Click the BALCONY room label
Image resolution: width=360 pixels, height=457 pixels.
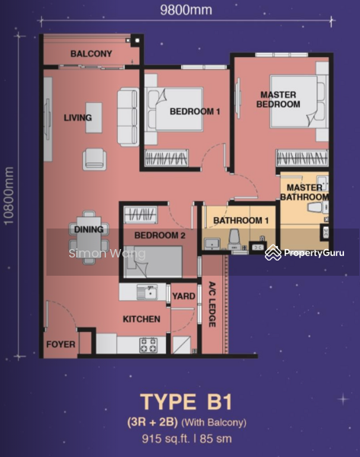(x=91, y=53)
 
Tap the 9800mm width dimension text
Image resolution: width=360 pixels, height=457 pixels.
(x=186, y=10)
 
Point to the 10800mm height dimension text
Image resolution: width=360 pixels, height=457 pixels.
(x=8, y=196)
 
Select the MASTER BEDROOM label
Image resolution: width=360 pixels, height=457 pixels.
(x=278, y=99)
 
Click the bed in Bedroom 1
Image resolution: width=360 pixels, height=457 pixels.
(x=175, y=109)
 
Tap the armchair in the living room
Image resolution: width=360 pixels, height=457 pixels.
(x=94, y=159)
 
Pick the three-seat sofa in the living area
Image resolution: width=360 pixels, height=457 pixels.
(x=128, y=117)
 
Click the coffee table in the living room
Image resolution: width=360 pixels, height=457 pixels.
(x=94, y=117)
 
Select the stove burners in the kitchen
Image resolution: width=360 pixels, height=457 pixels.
(x=148, y=345)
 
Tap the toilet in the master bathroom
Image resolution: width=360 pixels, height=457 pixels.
(x=316, y=208)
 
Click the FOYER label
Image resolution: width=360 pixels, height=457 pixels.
(x=61, y=344)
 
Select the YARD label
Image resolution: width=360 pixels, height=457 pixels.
(x=183, y=296)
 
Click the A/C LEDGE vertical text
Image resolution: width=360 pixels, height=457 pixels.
(x=212, y=304)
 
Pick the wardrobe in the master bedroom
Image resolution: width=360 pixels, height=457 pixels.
(x=302, y=158)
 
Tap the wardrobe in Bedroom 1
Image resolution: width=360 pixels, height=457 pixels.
(x=167, y=158)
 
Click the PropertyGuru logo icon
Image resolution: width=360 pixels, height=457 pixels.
(x=273, y=252)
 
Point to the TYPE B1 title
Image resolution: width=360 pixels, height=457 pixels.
(x=186, y=402)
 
